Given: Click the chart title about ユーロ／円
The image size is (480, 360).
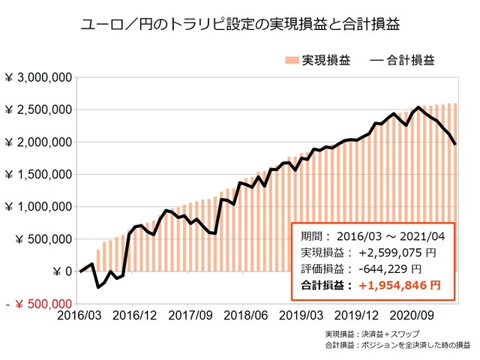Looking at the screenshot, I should [x=239, y=24].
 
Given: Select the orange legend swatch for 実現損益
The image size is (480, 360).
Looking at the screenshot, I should [x=292, y=59].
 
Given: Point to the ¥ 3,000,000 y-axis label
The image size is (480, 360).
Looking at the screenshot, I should [x=38, y=77].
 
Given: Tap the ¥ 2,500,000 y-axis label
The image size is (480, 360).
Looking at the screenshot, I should [x=38, y=109].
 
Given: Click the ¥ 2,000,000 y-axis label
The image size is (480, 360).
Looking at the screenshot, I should [x=38, y=142].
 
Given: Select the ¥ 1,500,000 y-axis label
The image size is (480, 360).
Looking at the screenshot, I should [x=38, y=175].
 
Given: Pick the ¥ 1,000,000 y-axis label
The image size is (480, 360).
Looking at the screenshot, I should [x=38, y=207].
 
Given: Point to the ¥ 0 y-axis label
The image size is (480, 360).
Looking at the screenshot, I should [x=61, y=271].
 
